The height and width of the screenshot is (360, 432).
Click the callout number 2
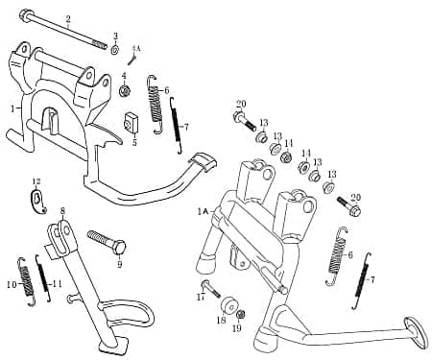(x=68, y=18)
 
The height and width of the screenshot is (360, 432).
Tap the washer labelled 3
(x=115, y=49)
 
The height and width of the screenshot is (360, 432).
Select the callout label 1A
(x=203, y=209)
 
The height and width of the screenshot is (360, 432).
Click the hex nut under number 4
(x=125, y=91)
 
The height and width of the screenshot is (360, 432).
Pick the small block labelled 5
(x=132, y=123)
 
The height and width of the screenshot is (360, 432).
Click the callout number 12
(x=36, y=181)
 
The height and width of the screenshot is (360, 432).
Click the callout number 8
(x=63, y=210)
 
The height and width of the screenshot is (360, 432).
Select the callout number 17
(x=201, y=298)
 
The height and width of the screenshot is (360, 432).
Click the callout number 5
(x=134, y=142)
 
